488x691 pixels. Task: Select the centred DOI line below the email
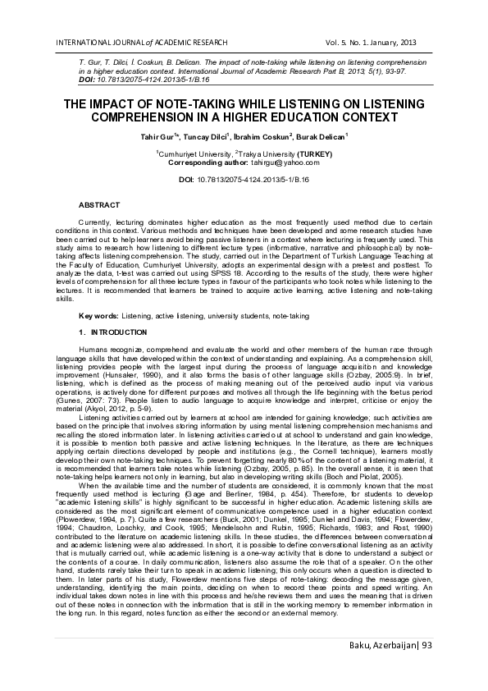pos(244,179)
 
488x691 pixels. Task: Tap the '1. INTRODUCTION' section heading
pos(113,332)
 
